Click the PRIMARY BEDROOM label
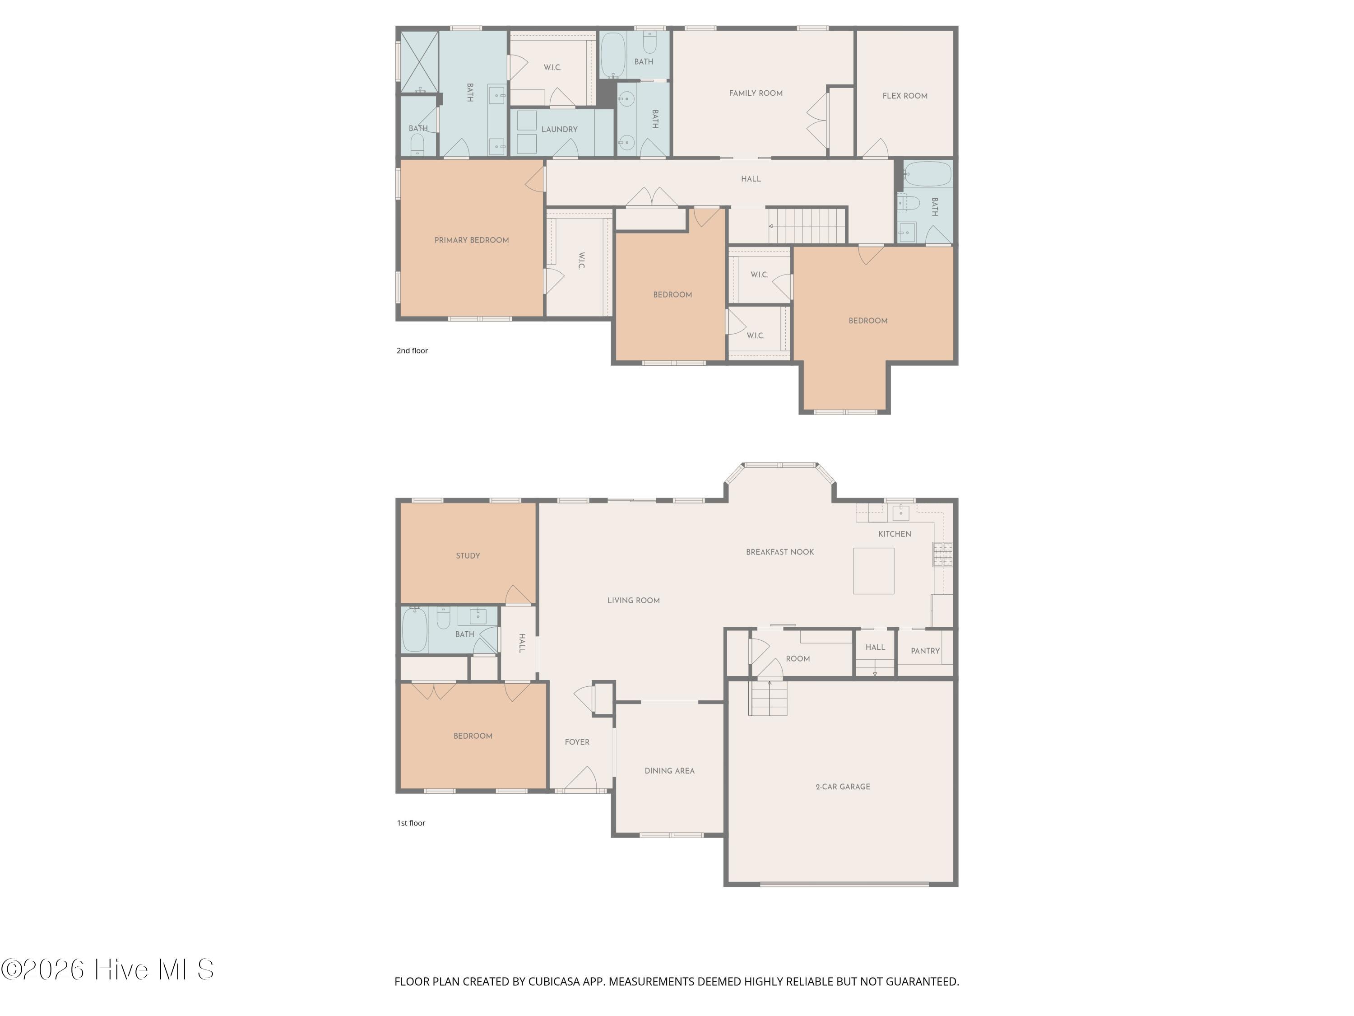[x=471, y=240]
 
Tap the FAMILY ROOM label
[x=756, y=93]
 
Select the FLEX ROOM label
[x=905, y=96]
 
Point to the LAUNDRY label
[x=560, y=129]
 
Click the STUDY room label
[x=468, y=555]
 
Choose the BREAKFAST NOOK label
[x=780, y=552]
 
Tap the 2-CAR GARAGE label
[x=843, y=786]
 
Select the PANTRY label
[x=925, y=651]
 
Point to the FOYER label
[x=577, y=741]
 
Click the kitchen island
[x=873, y=571]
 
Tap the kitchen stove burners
[x=943, y=554]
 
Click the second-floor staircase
[x=807, y=226]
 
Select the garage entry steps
[x=768, y=698]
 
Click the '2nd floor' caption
[x=412, y=350]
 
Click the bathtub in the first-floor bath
[x=414, y=629]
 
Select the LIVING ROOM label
[x=634, y=600]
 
